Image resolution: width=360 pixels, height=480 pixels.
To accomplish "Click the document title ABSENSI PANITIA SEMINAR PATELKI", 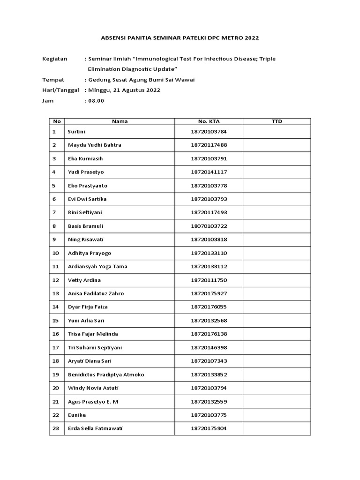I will [180, 37].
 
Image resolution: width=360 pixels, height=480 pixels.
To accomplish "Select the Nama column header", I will [120, 121].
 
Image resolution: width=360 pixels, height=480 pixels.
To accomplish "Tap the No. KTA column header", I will [209, 121].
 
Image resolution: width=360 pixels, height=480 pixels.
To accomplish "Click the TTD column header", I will [277, 121].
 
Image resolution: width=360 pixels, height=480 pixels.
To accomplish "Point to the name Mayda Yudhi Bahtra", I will [94, 145].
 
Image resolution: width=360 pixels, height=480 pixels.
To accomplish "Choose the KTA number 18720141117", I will [209, 172].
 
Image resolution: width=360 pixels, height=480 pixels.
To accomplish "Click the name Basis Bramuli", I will [85, 226].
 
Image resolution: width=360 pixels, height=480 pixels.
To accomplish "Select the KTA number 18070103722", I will [209, 226].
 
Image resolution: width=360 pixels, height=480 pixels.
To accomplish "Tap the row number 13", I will [56, 293].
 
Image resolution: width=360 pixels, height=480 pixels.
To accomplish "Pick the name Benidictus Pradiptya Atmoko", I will [106, 375].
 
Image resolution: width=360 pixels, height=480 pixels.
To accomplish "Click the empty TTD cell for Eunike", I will [277, 415].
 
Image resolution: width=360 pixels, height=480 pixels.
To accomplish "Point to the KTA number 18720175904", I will [209, 428].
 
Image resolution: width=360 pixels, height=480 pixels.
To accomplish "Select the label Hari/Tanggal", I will [60, 90].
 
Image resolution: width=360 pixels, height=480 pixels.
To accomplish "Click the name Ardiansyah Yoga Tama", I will [97, 266].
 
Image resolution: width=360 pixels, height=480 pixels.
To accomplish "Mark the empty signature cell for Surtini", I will [277, 132].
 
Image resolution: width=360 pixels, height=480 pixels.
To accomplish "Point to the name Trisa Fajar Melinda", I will [93, 334].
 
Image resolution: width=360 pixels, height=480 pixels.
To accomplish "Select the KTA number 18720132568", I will [209, 321].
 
